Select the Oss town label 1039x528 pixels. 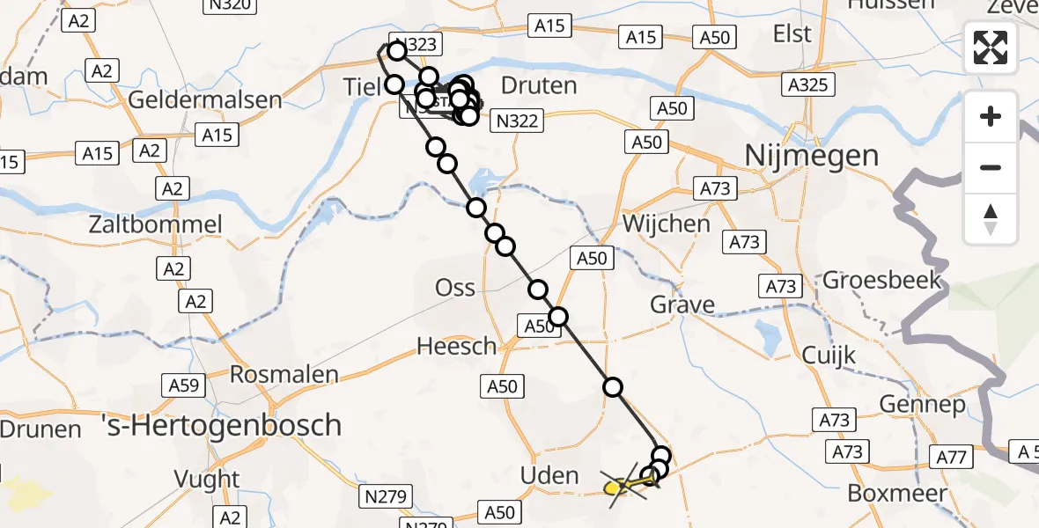tap(455, 288)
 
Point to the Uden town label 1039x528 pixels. tap(549, 476)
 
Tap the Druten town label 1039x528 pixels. tap(538, 85)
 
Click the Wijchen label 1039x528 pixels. tap(666, 224)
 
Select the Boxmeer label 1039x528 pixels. tap(897, 493)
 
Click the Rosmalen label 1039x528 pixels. tap(284, 374)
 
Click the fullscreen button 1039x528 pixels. tap(991, 48)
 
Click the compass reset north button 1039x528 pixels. tap(991, 217)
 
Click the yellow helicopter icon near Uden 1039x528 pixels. tap(621, 485)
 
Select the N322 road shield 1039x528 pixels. tap(517, 121)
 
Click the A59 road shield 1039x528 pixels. tap(183, 385)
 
